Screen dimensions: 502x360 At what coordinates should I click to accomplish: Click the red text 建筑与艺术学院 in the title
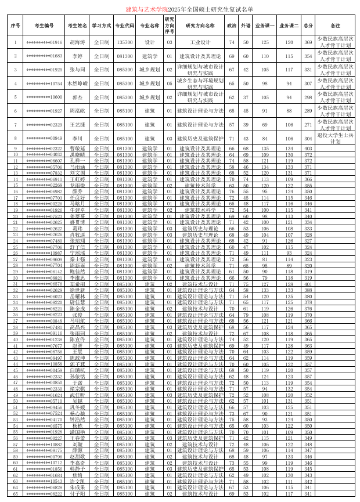coord(146,10)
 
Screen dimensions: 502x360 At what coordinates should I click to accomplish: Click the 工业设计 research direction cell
coord(200,42)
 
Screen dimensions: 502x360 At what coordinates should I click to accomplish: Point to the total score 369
coord(308,42)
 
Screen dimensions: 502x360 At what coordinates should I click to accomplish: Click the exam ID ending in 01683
coord(44,56)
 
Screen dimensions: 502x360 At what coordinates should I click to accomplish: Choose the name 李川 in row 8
coord(77,139)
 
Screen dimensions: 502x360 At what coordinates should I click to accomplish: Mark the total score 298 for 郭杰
coord(308,97)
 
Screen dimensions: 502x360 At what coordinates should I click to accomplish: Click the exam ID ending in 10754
coord(44,84)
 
